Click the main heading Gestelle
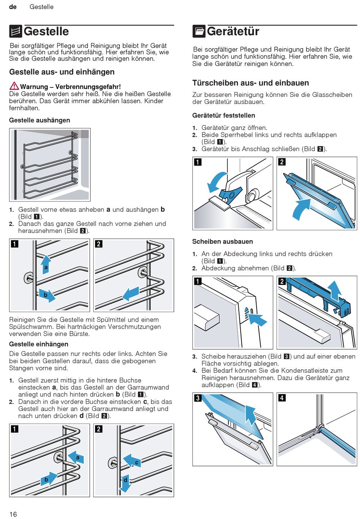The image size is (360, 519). pos(46,31)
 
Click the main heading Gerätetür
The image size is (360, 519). pos(233,31)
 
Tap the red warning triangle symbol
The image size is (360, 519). pos(14,86)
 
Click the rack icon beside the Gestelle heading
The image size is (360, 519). pos(16,31)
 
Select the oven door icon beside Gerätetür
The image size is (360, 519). pos(199,31)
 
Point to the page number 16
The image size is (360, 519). pos(13,514)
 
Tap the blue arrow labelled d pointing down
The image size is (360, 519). pos(125,482)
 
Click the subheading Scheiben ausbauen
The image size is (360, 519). pos(222,242)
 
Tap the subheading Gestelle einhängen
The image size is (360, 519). pos(39,344)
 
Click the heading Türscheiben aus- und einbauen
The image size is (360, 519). pos(250,83)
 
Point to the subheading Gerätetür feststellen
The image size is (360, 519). pos(224,116)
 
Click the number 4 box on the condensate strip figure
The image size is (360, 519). pos(282,398)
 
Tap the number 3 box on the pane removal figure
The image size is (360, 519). pos(198,398)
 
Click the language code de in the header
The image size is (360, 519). pos(13,7)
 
